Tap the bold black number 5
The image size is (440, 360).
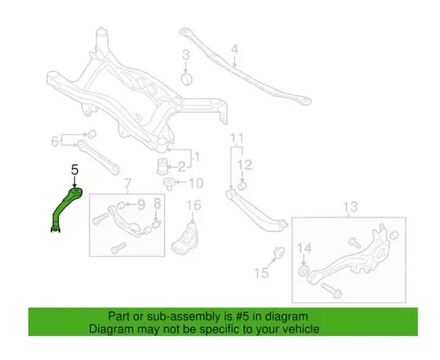(x=74, y=169)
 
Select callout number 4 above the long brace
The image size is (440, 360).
(x=235, y=49)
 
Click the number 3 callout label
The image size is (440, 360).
(x=186, y=55)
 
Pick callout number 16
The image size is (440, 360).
(x=194, y=205)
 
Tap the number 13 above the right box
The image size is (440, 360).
(x=350, y=206)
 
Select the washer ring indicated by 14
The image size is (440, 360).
(x=303, y=271)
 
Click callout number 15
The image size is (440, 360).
(x=261, y=273)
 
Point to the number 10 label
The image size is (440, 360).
(x=196, y=183)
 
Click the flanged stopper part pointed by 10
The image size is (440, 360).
(x=169, y=183)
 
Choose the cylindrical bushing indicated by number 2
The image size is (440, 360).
(x=163, y=166)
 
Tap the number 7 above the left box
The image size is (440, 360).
(x=128, y=184)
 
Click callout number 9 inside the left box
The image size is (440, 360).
(x=141, y=205)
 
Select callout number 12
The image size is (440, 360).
(x=245, y=165)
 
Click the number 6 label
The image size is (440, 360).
(x=55, y=141)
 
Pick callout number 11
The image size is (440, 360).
(x=237, y=138)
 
